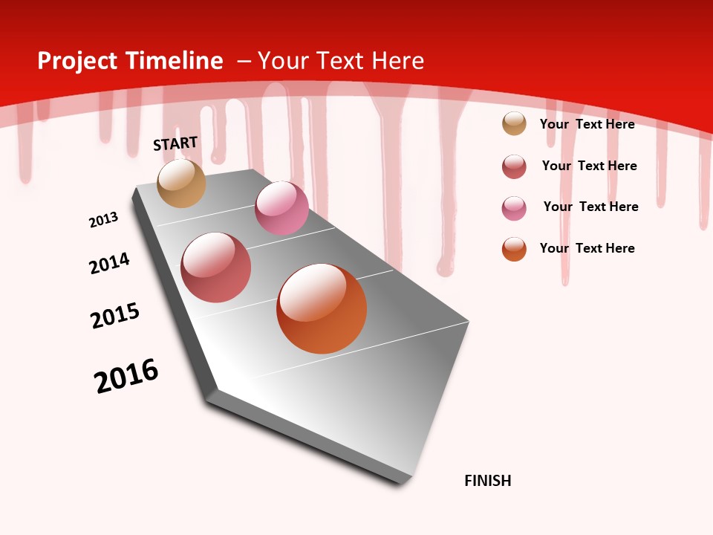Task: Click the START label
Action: (175, 143)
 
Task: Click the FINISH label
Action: (487, 481)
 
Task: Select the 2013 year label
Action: (103, 220)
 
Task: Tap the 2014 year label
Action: (109, 263)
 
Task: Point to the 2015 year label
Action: (115, 316)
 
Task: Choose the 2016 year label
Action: (126, 376)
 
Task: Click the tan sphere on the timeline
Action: (181, 183)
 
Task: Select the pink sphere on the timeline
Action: (281, 208)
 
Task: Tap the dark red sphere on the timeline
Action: (216, 267)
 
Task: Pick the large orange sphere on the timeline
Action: (322, 308)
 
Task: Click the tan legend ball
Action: (514, 124)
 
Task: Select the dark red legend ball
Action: (514, 166)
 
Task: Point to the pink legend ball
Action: (514, 208)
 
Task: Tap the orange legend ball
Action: (514, 249)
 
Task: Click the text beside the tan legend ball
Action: (587, 124)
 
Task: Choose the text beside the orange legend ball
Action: (587, 248)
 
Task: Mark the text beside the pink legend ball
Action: (590, 207)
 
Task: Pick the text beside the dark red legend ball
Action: (589, 166)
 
